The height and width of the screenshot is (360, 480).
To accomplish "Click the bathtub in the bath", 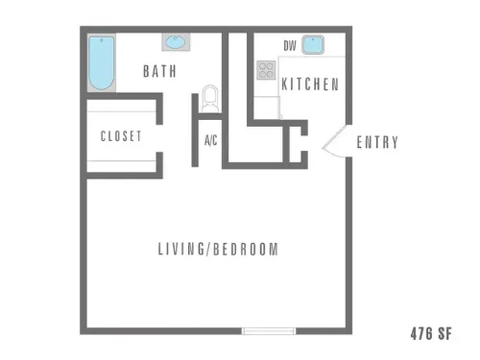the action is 102,63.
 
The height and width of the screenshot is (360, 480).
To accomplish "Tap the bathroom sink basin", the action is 176,42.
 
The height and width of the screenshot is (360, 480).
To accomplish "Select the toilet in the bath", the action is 210,99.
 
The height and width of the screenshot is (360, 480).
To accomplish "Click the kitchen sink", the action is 313,45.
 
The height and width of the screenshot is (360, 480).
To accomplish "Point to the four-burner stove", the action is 266,70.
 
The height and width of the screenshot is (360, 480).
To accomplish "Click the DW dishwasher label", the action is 290,46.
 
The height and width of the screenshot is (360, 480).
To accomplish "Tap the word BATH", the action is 159,71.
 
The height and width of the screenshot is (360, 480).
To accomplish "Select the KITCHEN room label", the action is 310,84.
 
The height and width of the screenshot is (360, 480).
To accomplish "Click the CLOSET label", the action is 121,136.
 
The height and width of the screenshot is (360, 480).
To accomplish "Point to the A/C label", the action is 211,140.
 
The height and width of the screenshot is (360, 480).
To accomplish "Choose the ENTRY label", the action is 377,142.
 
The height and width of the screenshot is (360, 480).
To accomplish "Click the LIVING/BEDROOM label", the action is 218,249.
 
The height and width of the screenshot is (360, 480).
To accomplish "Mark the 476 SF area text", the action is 431,333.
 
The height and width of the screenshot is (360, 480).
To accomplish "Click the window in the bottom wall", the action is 269,331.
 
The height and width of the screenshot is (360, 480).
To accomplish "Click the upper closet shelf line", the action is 121,111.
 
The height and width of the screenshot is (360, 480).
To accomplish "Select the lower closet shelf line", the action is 121,161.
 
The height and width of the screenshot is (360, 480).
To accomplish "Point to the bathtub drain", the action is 102,40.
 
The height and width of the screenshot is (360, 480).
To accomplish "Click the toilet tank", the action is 210,108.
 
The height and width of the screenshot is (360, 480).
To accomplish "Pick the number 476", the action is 421,333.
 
